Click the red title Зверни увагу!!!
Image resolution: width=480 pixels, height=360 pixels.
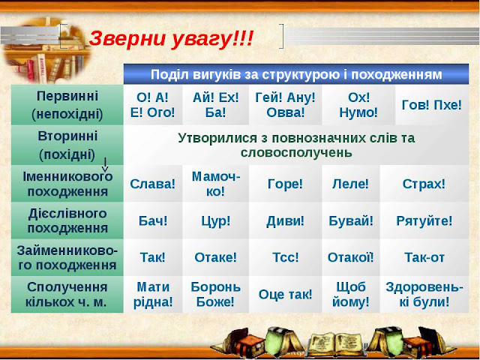tap(171, 40)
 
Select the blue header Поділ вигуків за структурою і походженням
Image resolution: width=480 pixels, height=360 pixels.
tap(296, 74)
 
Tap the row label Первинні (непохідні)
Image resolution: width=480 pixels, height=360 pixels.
tap(67, 105)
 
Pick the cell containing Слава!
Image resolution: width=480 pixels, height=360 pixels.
tap(153, 184)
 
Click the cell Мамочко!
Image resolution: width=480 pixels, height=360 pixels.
tap(216, 184)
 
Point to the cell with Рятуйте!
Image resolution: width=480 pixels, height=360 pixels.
tap(424, 220)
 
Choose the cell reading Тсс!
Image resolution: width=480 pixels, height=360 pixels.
tap(285, 257)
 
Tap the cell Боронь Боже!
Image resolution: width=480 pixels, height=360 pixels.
tap(216, 294)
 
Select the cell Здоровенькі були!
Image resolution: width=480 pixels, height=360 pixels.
tap(424, 294)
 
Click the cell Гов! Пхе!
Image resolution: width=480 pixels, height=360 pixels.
tap(432, 105)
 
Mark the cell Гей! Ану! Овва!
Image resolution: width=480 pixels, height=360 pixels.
tap(285, 105)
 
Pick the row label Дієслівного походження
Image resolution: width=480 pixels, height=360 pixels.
tap(67, 220)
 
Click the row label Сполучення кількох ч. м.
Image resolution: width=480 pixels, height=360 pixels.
tap(67, 294)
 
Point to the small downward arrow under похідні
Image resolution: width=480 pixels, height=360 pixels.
tap(105, 165)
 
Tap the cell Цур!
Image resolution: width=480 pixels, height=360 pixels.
tap(216, 220)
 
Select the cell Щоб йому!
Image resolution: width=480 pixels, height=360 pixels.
tap(351, 294)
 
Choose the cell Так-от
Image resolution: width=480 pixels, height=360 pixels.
tap(424, 257)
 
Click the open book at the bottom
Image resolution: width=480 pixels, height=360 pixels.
tap(336, 343)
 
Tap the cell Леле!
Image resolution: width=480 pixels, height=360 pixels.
tap(351, 184)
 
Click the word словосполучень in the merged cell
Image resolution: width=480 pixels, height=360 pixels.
tap(296, 152)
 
